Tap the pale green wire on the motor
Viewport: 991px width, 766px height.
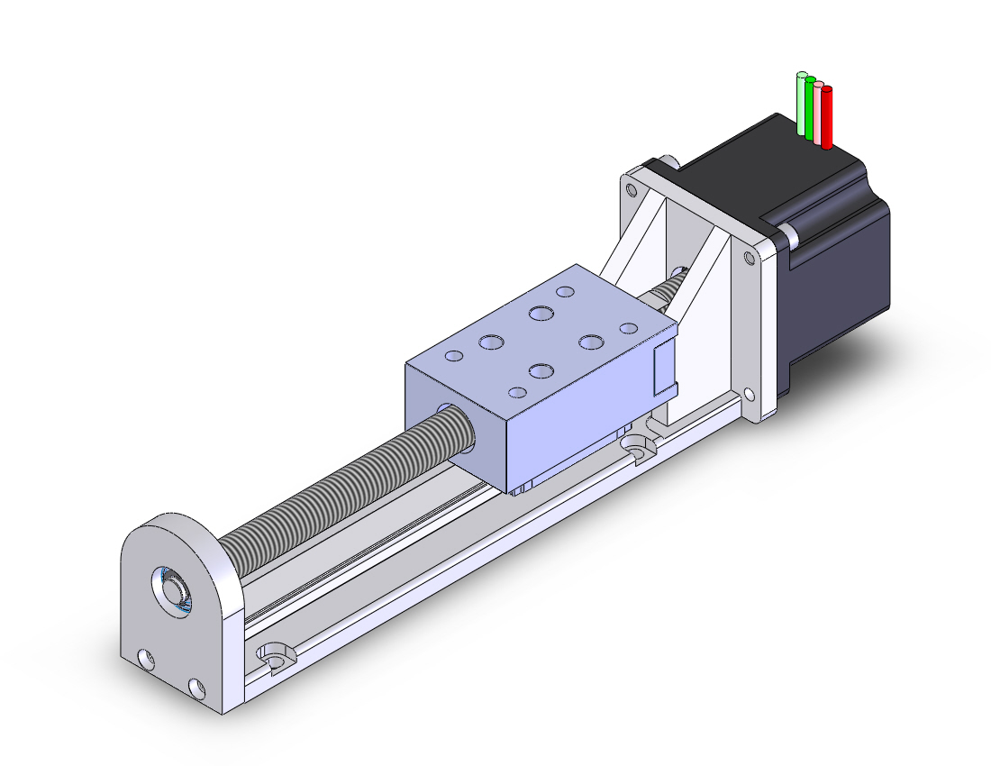click(x=801, y=103)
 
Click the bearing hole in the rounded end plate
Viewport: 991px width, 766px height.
click(x=172, y=590)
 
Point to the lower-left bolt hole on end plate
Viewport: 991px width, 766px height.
click(x=144, y=661)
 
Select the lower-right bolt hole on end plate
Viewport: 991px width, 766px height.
click(x=195, y=690)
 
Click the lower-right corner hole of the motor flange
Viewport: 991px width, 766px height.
click(x=750, y=394)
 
